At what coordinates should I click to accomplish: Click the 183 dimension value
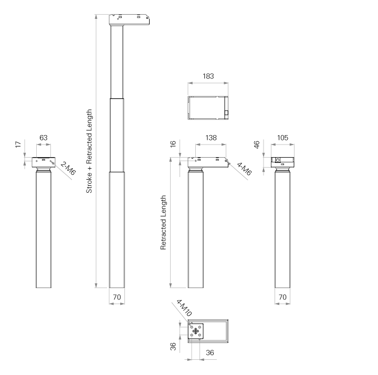[x=208, y=76]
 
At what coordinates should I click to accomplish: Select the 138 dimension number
[x=211, y=138]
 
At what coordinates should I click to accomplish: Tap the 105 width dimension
[x=282, y=138]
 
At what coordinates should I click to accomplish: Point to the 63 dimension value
[x=44, y=138]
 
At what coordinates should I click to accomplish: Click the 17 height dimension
[x=18, y=145]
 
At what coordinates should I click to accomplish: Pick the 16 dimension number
[x=173, y=144]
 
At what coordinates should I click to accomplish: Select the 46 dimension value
[x=257, y=145]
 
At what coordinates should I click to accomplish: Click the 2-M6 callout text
[x=68, y=168]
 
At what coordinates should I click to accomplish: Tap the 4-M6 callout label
[x=244, y=169]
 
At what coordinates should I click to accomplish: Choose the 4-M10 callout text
[x=184, y=308]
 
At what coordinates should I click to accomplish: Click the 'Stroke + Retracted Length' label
[x=89, y=151]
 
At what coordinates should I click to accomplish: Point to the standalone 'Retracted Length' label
[x=163, y=222]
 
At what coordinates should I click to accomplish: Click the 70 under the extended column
[x=117, y=297]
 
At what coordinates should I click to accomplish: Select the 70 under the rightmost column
[x=282, y=297]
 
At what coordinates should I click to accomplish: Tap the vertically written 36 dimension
[x=173, y=347]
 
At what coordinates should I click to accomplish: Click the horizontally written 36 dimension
[x=210, y=352]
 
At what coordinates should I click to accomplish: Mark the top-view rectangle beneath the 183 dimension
[x=208, y=108]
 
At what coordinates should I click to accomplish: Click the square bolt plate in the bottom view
[x=196, y=331]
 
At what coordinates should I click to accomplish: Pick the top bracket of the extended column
[x=129, y=19]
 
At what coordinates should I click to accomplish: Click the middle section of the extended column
[x=117, y=135]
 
